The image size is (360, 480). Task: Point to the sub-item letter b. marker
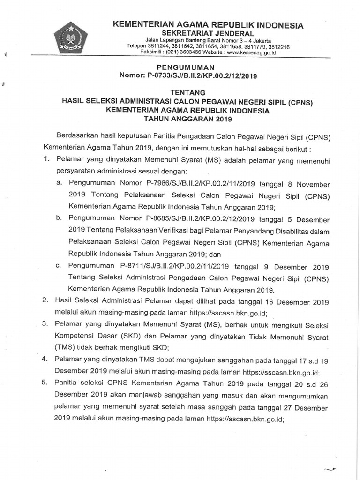[x=59, y=218]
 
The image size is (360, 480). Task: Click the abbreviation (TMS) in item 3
[x=66, y=348]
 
